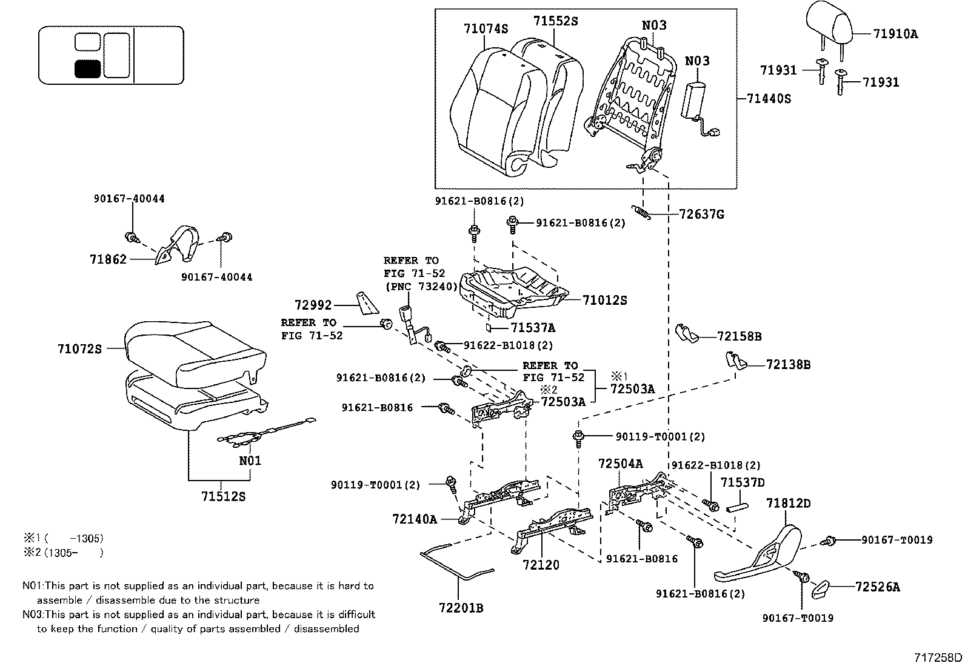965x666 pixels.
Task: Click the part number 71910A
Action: click(895, 34)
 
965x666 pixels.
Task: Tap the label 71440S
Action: click(769, 98)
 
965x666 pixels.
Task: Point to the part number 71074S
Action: click(486, 28)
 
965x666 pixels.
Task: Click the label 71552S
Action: click(555, 21)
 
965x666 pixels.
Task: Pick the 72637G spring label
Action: click(701, 215)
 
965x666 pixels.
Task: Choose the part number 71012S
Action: click(604, 300)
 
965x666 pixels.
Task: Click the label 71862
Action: click(109, 259)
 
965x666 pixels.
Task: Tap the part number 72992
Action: click(313, 305)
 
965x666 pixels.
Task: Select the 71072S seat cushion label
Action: click(80, 349)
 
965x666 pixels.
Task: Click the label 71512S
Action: click(224, 496)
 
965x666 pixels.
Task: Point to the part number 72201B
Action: click(461, 607)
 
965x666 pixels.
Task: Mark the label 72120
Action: click(541, 565)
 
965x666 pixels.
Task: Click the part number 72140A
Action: click(415, 519)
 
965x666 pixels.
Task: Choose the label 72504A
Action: click(620, 464)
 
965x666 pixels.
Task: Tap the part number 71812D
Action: click(788, 503)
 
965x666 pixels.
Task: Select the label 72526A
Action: click(878, 587)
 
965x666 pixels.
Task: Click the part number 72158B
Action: click(739, 336)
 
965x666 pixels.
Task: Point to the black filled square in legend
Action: click(87, 69)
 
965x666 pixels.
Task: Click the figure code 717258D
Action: click(938, 658)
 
